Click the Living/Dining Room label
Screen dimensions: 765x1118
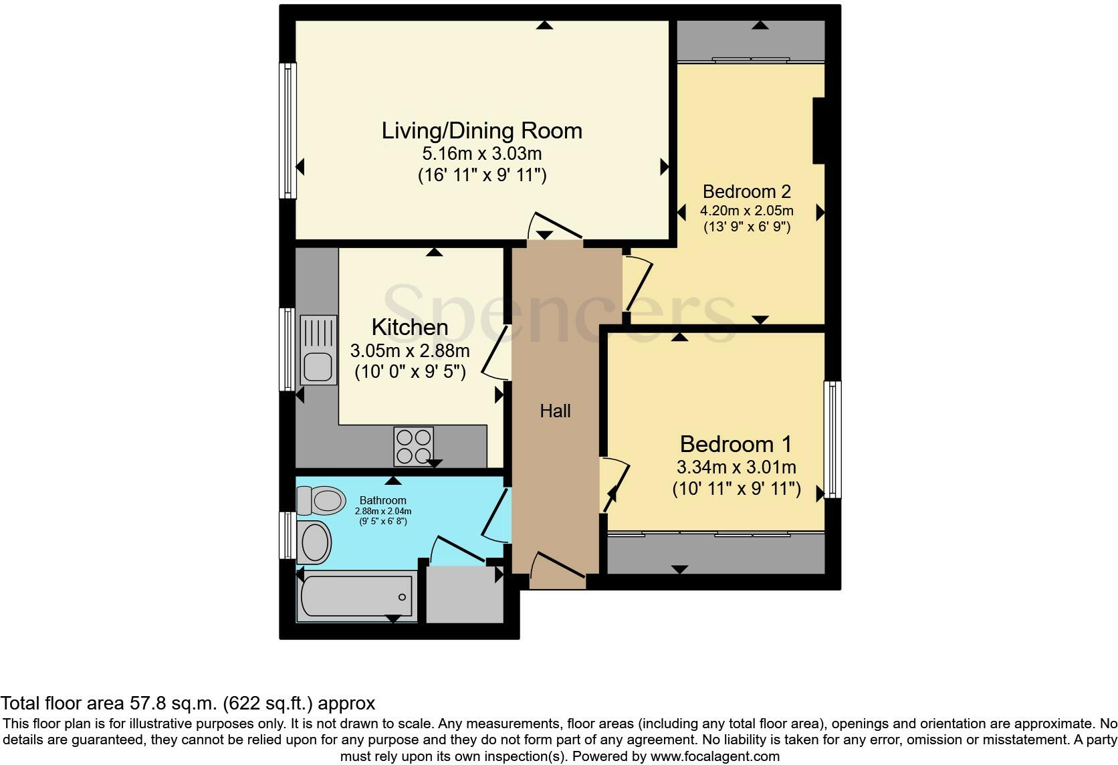click(481, 130)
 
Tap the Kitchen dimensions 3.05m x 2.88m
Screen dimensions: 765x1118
click(410, 350)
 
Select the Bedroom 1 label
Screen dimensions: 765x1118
click(736, 444)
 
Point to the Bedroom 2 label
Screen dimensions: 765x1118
click(746, 192)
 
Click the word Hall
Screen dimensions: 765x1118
click(555, 411)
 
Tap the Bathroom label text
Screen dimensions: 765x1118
click(383, 500)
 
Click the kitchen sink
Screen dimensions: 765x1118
click(318, 350)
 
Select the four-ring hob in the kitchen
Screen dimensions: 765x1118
click(413, 446)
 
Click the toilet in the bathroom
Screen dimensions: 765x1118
click(321, 500)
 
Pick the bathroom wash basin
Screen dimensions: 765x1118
click(315, 542)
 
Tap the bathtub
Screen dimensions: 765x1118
click(356, 595)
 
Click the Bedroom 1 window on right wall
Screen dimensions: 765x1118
click(832, 439)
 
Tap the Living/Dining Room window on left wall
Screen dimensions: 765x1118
click(288, 130)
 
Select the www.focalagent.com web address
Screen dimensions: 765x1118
click(715, 757)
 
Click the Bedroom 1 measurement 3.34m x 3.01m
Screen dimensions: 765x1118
click(736, 467)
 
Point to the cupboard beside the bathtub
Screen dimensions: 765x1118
click(465, 595)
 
